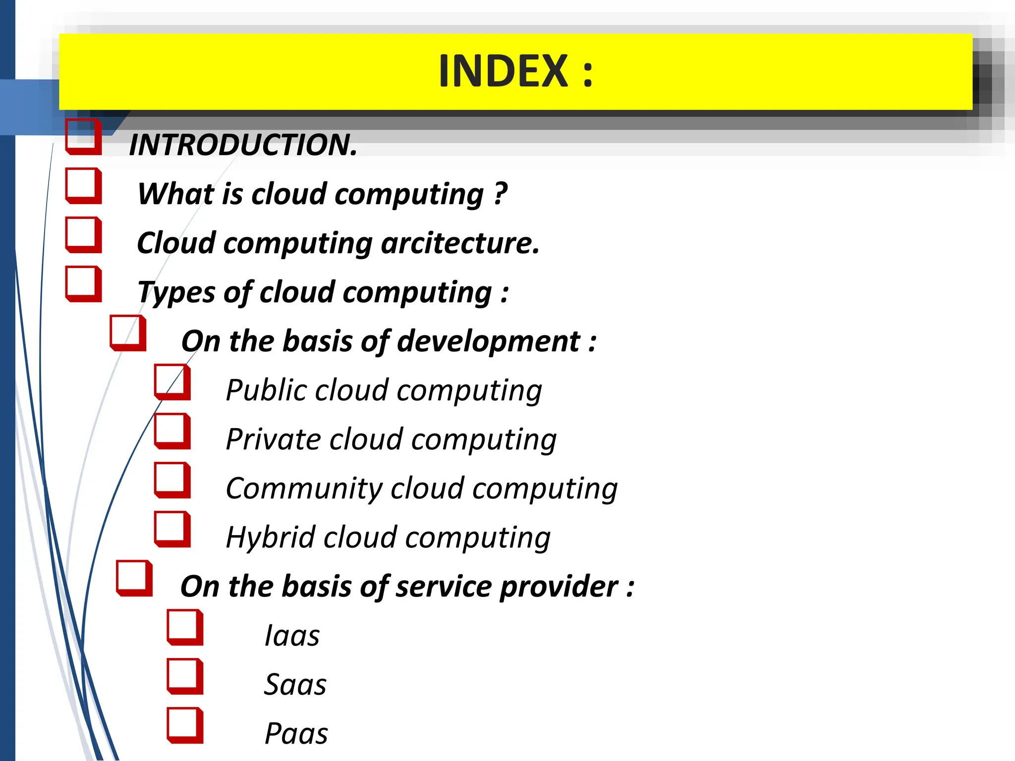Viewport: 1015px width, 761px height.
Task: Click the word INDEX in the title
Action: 503,71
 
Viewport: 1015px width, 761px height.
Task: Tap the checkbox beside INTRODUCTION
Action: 83,137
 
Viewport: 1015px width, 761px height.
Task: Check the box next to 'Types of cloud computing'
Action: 83,283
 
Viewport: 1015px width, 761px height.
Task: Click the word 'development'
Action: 488,341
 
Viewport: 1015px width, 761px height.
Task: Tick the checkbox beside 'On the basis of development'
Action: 127,332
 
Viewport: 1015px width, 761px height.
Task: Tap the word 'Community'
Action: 303,489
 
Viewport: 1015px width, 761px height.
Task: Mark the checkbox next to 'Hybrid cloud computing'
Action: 172,529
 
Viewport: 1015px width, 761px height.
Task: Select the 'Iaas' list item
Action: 292,636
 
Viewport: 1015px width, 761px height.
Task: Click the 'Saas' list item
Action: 295,685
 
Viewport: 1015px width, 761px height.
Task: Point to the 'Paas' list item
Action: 296,734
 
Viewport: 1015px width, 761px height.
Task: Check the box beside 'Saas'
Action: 184,676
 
